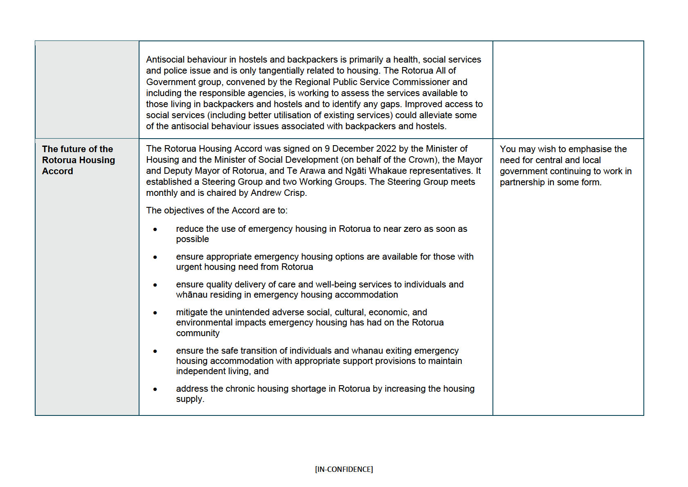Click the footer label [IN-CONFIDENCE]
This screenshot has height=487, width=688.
(344, 469)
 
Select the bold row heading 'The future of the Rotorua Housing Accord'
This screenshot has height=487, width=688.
(78, 160)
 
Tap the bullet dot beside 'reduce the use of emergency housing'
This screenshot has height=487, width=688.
(155, 229)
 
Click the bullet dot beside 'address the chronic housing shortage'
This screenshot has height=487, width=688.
(155, 389)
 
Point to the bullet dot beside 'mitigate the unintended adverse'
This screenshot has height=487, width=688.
(155, 313)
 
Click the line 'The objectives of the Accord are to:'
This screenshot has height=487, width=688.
(217, 211)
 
